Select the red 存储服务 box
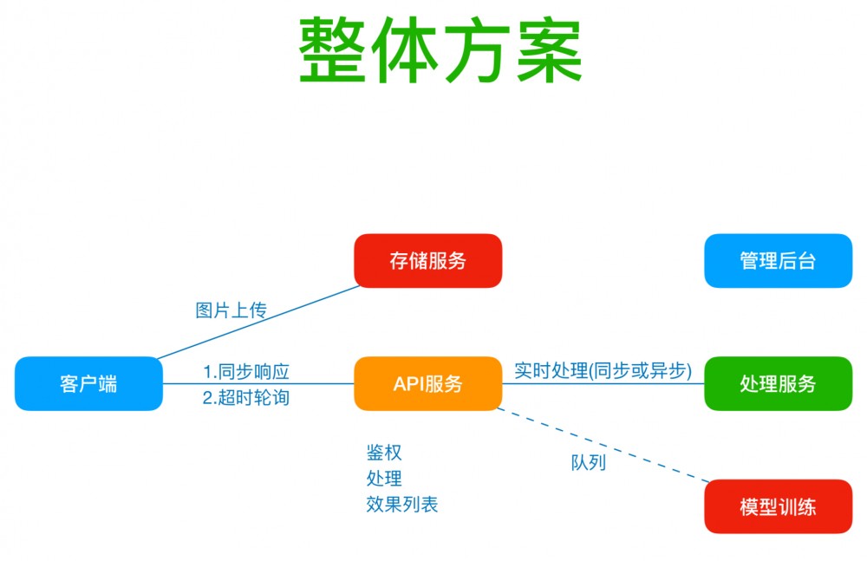(x=427, y=261)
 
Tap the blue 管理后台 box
(x=778, y=261)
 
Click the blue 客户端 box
(x=88, y=383)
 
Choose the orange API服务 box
(x=427, y=383)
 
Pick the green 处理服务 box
(x=778, y=383)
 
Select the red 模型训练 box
(x=778, y=506)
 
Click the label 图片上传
(x=231, y=310)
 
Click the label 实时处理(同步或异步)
(x=603, y=370)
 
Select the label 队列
(x=588, y=462)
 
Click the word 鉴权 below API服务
(x=384, y=452)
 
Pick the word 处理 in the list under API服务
(x=384, y=478)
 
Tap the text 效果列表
(x=402, y=504)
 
